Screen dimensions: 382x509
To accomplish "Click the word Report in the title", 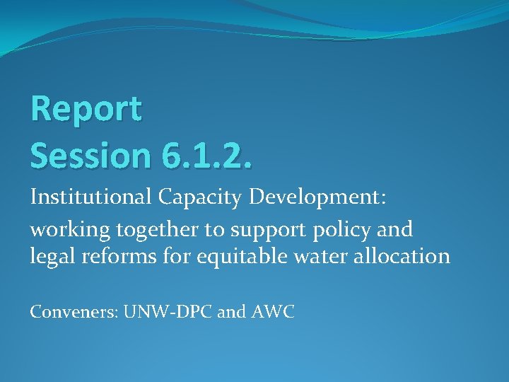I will click(x=86, y=110).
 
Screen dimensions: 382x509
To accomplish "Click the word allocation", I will click(x=409, y=255).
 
